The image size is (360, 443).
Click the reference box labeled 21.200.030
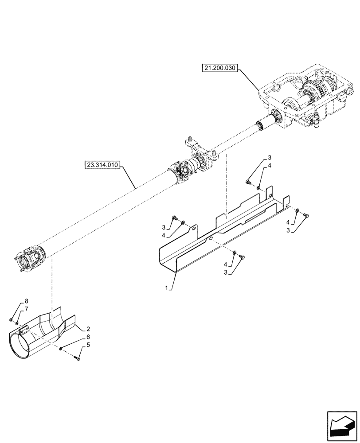coord(221,68)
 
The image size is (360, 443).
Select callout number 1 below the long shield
coord(166,288)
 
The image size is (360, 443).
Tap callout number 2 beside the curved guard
coord(88,329)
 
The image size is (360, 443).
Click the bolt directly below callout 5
coord(78,359)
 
